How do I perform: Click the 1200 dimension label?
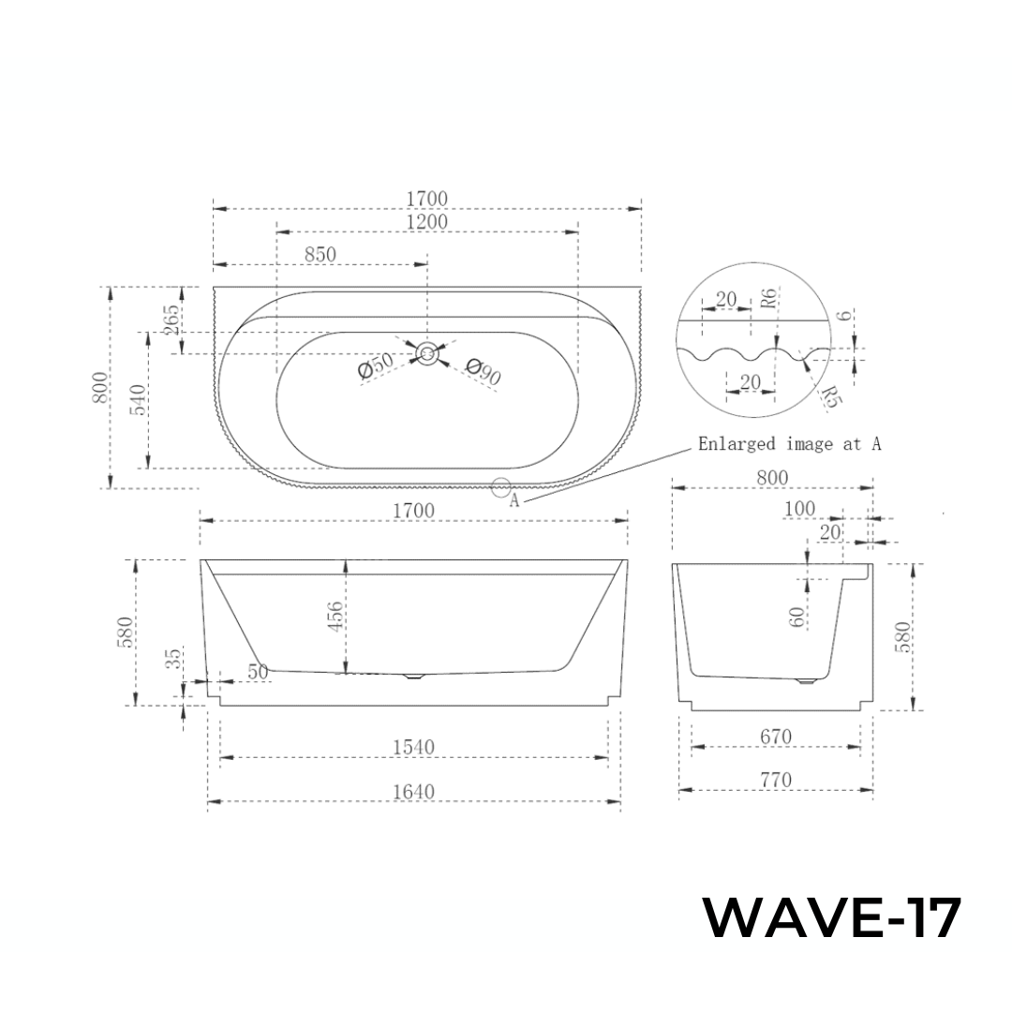tap(427, 222)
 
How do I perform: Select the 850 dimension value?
tap(320, 254)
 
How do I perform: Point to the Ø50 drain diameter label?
tap(376, 368)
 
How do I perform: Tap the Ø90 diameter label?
tap(483, 372)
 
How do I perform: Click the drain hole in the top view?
tap(427, 353)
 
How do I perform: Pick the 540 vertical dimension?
tap(137, 400)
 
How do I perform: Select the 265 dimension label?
tap(171, 320)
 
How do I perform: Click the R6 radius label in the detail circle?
tap(767, 300)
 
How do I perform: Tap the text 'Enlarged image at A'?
tap(789, 444)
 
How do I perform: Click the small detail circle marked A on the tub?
tap(500, 487)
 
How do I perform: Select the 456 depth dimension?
tap(335, 616)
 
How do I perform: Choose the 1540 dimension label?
tap(413, 747)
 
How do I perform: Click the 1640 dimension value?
tap(413, 792)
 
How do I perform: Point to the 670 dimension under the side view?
tap(775, 737)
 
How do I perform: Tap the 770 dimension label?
tap(775, 780)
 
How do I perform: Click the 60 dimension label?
tap(797, 617)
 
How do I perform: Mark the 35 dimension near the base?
tap(174, 660)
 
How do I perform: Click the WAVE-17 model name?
tap(832, 918)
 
